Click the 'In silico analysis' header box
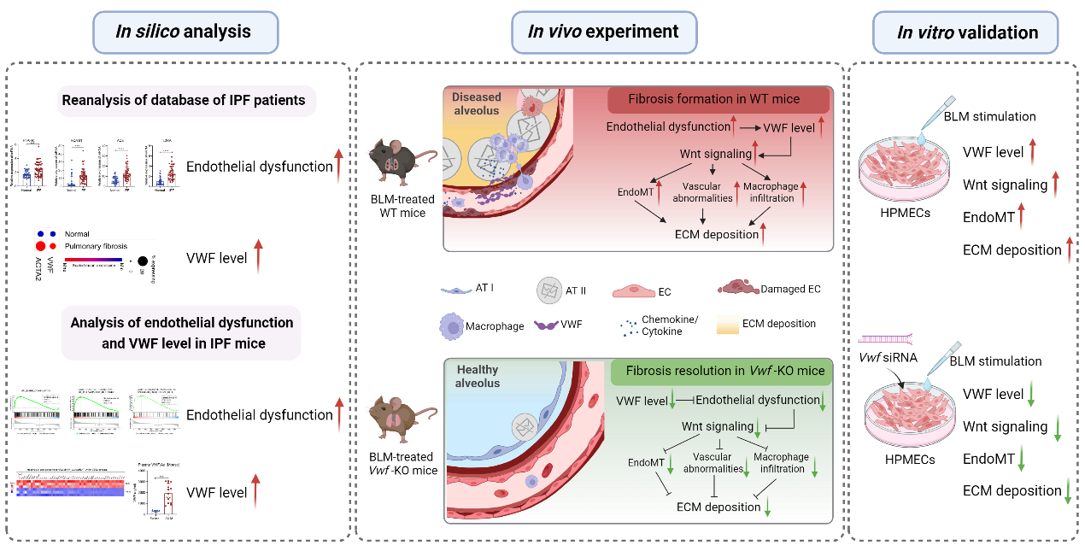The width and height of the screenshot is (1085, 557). point(185,32)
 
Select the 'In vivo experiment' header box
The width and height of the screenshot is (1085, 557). point(603,32)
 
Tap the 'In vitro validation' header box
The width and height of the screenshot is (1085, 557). point(966,33)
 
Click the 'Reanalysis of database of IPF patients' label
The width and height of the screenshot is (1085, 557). point(183,101)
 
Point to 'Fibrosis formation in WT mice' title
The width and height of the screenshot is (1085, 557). point(713,99)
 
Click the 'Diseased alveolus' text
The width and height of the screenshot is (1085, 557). point(476,104)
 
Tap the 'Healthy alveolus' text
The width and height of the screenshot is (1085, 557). point(478,377)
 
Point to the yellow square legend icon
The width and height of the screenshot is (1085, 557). point(728,325)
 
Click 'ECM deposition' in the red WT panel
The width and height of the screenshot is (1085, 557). point(717,234)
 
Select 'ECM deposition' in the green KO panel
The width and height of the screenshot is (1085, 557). point(718,507)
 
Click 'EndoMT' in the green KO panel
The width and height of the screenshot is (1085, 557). point(646,462)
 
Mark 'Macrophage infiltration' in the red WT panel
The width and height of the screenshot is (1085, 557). point(769,192)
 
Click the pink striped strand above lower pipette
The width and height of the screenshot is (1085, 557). point(884,339)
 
